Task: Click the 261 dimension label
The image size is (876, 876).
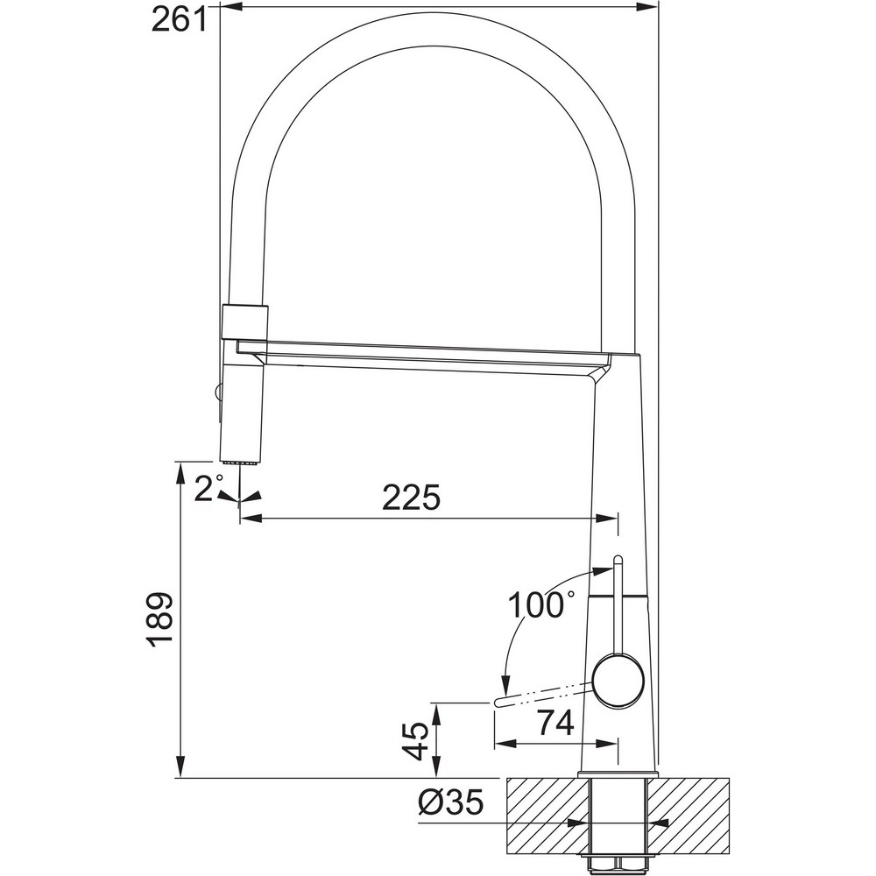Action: click(x=179, y=21)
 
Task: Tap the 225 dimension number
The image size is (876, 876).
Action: click(x=411, y=498)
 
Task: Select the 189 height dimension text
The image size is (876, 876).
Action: click(x=161, y=619)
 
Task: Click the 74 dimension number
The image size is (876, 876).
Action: click(x=555, y=724)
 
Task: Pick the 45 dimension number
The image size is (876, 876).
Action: click(x=416, y=741)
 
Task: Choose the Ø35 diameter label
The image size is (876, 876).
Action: click(x=450, y=803)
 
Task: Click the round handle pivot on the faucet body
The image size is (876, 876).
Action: click(x=618, y=682)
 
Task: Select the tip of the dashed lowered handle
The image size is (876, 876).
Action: click(x=498, y=703)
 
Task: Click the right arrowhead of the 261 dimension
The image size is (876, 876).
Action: click(x=648, y=7)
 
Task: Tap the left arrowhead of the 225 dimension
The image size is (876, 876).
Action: click(x=251, y=518)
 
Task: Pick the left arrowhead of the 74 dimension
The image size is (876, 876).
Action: click(x=505, y=744)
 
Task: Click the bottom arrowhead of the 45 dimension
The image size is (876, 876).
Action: click(x=438, y=767)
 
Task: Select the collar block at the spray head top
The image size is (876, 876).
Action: click(x=245, y=321)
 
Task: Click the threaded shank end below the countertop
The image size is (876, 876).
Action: click(x=618, y=865)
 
